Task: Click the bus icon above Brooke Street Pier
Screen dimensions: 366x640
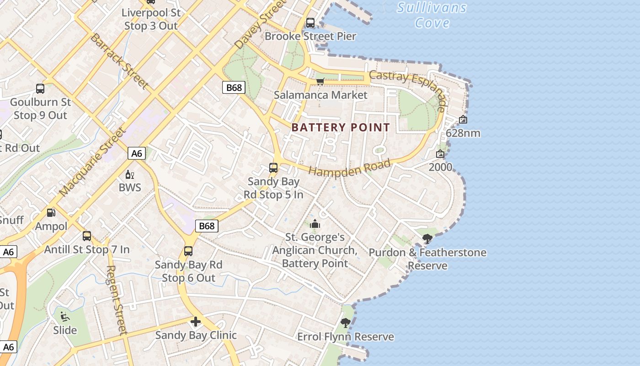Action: (310, 22)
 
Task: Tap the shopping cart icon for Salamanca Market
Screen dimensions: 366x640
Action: (320, 81)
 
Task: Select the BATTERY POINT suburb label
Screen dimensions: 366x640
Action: (341, 127)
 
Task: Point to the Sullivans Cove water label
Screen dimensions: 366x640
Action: (432, 15)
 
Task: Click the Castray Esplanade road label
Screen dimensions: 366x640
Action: (408, 90)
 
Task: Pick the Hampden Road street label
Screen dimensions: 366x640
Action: (350, 168)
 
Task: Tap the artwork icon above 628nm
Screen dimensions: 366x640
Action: (463, 119)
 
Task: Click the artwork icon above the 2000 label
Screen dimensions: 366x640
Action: (440, 154)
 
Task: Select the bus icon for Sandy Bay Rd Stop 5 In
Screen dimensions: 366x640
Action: (273, 168)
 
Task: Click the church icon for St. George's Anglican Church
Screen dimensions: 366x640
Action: (315, 224)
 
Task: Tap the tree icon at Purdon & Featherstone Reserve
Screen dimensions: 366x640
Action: (427, 238)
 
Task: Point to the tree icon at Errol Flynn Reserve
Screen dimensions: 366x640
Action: (346, 323)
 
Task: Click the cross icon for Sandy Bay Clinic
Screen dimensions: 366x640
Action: (196, 322)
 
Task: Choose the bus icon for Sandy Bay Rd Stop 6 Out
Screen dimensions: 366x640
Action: (188, 251)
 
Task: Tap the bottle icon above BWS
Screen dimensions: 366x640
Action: (130, 174)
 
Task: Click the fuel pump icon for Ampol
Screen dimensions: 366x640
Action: (51, 213)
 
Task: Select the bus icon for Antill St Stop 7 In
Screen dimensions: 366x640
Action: (87, 236)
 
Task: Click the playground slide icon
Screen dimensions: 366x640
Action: (65, 316)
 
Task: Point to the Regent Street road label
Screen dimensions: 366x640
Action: (116, 300)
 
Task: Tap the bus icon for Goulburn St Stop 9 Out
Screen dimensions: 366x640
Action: (40, 89)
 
